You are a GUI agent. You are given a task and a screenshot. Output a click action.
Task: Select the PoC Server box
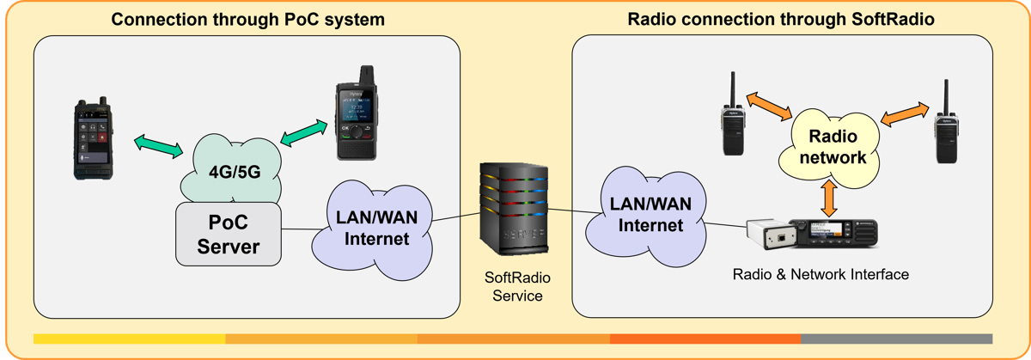click(229, 234)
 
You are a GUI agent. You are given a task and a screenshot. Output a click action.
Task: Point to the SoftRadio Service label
click(514, 287)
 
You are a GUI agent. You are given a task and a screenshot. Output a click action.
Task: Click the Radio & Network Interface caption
click(821, 275)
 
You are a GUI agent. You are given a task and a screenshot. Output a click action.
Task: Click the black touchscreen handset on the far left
click(94, 143)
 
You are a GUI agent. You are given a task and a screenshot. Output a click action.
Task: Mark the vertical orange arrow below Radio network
click(828, 198)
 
